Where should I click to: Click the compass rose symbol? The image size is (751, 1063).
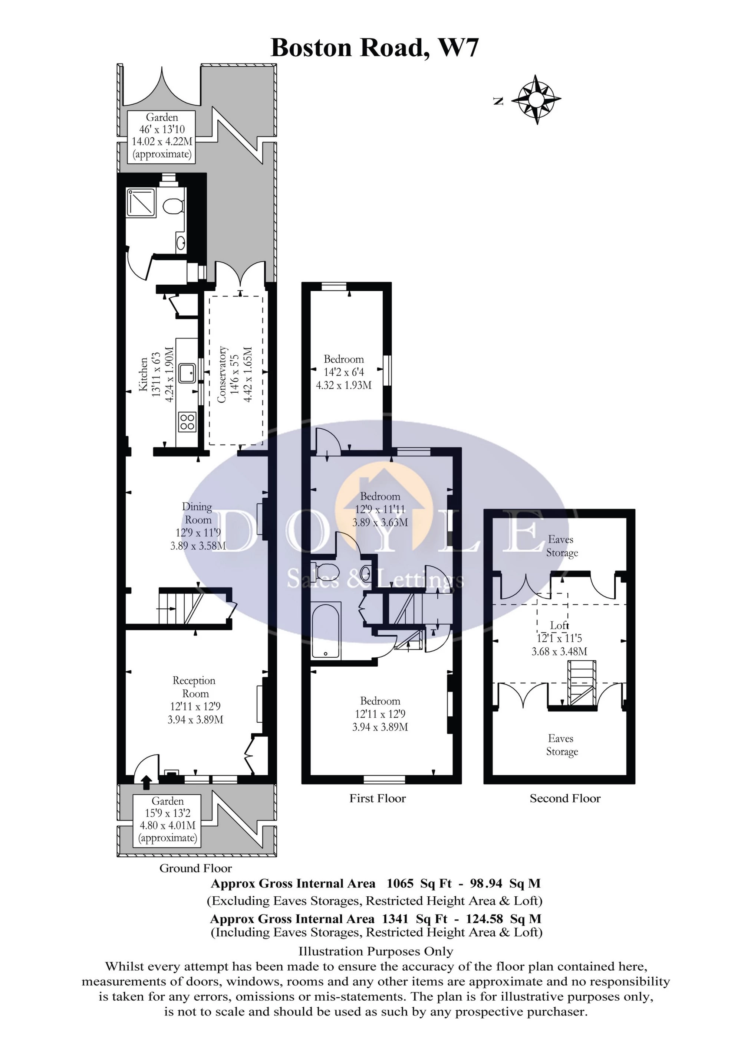(x=536, y=99)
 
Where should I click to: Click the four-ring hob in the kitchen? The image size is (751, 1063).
(x=187, y=421)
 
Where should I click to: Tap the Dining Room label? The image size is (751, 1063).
(x=198, y=513)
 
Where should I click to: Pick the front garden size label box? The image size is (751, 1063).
(x=168, y=820)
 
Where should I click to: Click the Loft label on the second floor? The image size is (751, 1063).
(x=559, y=625)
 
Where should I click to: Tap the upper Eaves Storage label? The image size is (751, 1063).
(x=561, y=546)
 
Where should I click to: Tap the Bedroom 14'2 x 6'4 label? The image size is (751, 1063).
(x=343, y=372)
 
